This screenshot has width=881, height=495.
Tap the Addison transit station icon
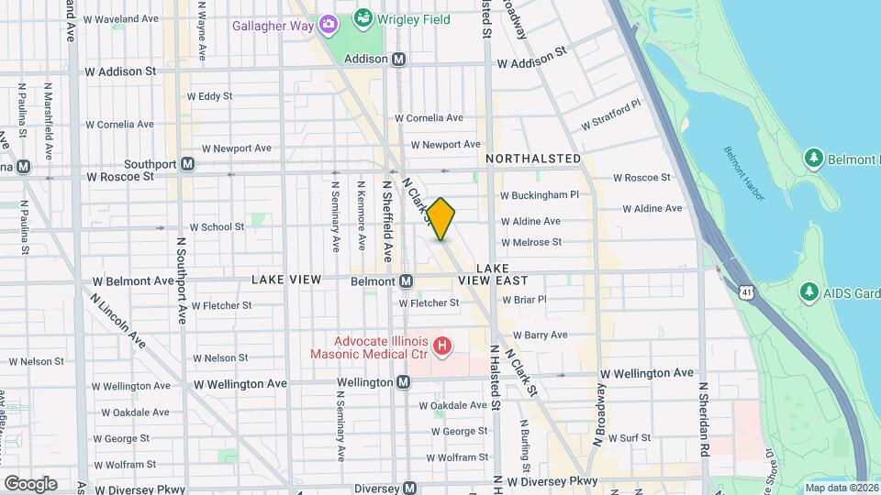tap(399, 59)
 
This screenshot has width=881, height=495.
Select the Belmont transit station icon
tap(406, 280)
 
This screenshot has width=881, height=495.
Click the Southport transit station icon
tap(187, 164)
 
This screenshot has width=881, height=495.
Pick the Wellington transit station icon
tap(404, 381)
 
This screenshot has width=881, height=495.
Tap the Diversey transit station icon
tap(409, 488)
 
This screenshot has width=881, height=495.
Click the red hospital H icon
tap(441, 346)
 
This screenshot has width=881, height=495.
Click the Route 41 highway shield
tap(749, 291)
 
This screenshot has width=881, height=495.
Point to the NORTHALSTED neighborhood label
tap(533, 159)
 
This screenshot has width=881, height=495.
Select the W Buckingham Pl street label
tap(540, 195)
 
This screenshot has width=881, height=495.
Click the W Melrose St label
tap(531, 242)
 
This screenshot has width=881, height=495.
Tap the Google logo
tap(30, 483)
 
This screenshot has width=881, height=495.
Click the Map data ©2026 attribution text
tap(842, 488)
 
